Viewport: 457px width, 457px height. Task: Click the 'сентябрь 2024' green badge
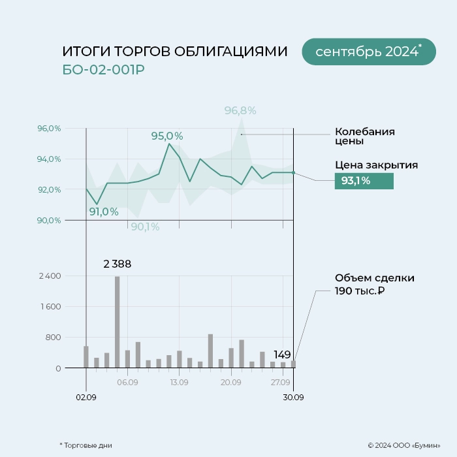click(368, 52)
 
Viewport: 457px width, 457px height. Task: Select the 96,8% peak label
click(240, 110)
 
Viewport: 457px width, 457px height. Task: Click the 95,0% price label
click(167, 136)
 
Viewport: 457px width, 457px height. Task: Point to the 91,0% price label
click(104, 212)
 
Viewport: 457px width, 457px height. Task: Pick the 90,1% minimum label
click(145, 227)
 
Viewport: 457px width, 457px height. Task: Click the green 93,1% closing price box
click(364, 181)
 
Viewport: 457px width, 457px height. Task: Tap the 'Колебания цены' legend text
click(364, 136)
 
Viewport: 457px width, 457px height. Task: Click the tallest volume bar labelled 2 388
click(118, 322)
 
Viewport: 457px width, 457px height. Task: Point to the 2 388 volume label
click(118, 264)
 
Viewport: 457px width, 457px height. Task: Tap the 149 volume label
click(282, 355)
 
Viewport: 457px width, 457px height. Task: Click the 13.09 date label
click(179, 383)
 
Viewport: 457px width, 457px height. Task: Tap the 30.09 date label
click(294, 396)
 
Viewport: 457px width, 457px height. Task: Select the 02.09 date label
click(86, 396)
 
